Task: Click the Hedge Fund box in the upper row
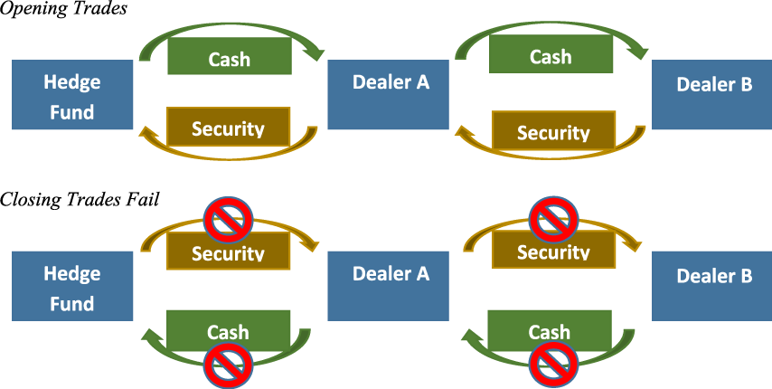[x=72, y=95]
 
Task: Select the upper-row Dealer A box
[x=389, y=95]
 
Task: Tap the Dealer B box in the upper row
[x=712, y=95]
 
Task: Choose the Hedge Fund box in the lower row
[x=72, y=287]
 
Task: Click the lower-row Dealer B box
[x=712, y=287]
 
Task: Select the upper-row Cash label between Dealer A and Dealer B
[x=551, y=56]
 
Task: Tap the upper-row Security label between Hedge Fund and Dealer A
[x=228, y=128]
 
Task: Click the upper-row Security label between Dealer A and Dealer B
[x=553, y=132]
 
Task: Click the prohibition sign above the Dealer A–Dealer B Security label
[x=552, y=217]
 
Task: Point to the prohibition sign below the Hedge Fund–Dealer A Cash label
[x=228, y=365]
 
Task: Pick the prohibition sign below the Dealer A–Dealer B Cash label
[x=552, y=365]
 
